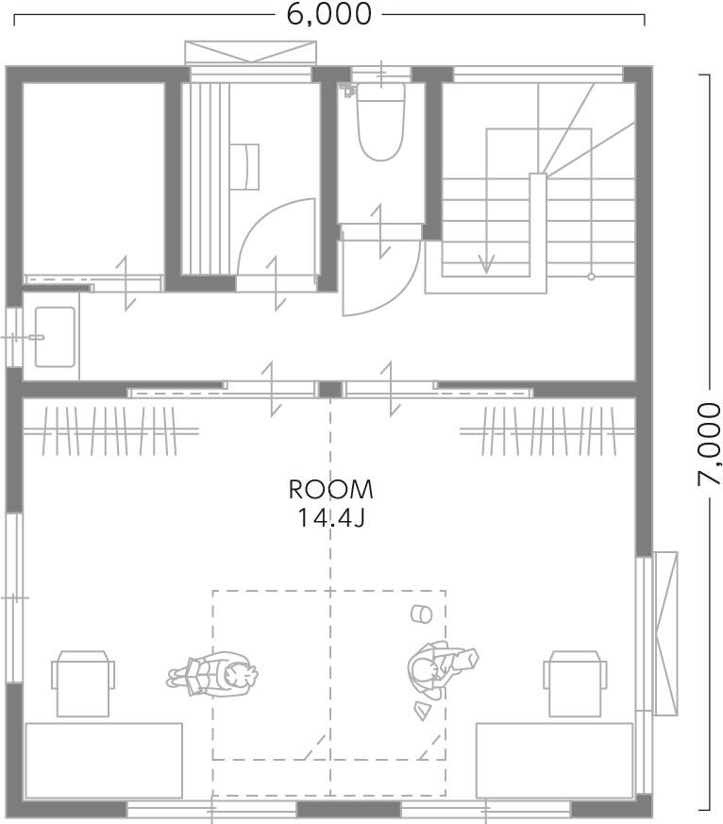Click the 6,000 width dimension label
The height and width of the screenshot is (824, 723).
(x=328, y=13)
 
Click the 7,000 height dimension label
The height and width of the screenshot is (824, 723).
(x=710, y=444)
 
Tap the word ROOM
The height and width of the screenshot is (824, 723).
(x=331, y=490)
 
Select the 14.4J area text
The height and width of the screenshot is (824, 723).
(x=331, y=517)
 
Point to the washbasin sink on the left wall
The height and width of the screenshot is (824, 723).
(x=55, y=337)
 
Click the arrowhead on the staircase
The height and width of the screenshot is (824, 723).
(x=486, y=263)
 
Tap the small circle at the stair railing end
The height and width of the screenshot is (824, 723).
(x=591, y=277)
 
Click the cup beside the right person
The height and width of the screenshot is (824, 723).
(x=421, y=614)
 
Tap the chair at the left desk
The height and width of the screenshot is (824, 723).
(x=83, y=683)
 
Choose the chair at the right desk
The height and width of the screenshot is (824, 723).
(x=576, y=683)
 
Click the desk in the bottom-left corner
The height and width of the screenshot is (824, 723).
(x=104, y=761)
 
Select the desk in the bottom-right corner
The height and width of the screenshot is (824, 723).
(x=554, y=761)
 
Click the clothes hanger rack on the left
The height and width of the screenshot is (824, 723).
(x=109, y=431)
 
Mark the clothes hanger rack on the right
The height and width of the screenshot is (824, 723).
(x=546, y=431)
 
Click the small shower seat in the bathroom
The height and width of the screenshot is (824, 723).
(x=244, y=166)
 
